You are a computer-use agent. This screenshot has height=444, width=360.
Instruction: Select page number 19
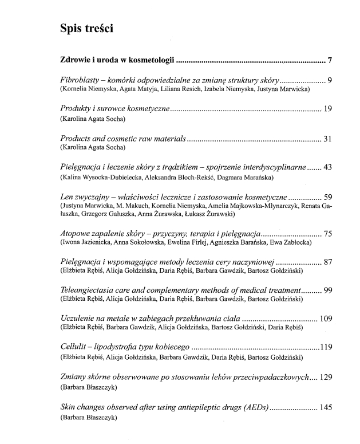(327, 109)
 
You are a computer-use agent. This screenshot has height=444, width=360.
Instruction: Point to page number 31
(327, 139)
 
